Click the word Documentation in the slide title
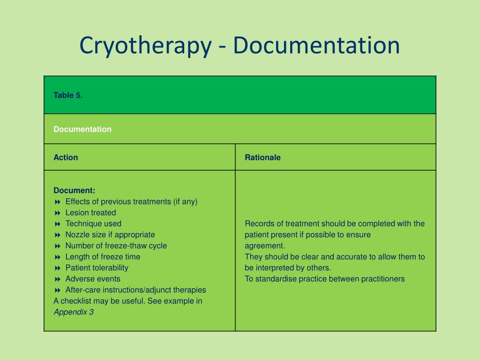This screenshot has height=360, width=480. tap(316, 45)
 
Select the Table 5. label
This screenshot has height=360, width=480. tap(68, 95)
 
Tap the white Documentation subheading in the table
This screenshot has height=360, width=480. tap(82, 129)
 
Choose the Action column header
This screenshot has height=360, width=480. tap(66, 157)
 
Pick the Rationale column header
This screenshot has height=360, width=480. tap(262, 157)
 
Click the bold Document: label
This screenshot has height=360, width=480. tap(74, 190)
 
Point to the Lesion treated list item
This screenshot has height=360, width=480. tap(90, 212)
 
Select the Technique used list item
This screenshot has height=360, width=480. tap(93, 224)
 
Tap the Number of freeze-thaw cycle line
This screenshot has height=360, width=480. tap(116, 246)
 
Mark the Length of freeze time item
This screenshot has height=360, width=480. tap(103, 257)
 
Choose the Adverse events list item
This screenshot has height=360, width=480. tap(93, 279)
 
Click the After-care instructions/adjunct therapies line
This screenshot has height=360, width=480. tap(135, 290)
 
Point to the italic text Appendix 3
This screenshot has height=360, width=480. tap(74, 312)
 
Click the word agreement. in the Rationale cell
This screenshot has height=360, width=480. tap(265, 246)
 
